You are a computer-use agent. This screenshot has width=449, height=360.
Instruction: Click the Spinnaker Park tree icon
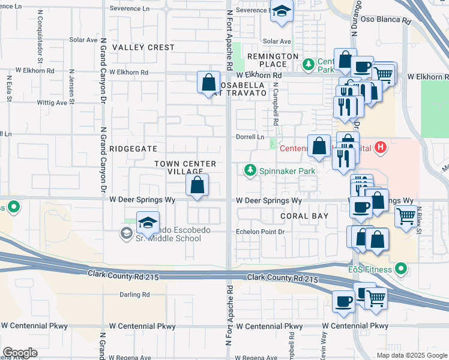pyautogui.click(x=250, y=171)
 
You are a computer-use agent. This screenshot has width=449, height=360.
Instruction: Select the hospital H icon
pyautogui.click(x=379, y=147)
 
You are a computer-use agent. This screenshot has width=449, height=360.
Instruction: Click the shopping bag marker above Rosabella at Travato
pyautogui.click(x=208, y=82)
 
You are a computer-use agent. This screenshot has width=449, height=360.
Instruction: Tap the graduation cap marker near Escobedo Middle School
pyautogui.click(x=148, y=223)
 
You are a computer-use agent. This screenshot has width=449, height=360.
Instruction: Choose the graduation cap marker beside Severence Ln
pyautogui.click(x=281, y=11)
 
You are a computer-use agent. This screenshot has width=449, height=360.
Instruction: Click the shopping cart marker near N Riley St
pyautogui.click(x=406, y=215)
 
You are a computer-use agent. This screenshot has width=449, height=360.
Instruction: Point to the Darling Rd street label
pyautogui.click(x=134, y=295)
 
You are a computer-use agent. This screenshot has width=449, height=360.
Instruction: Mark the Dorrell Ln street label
pyautogui.click(x=250, y=137)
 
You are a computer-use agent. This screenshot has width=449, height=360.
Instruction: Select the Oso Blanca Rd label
pyautogui.click(x=390, y=20)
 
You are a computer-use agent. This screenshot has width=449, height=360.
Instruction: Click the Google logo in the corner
pyautogui.click(x=20, y=353)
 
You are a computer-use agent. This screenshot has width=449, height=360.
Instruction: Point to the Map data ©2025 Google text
pyautogui.click(x=411, y=355)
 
